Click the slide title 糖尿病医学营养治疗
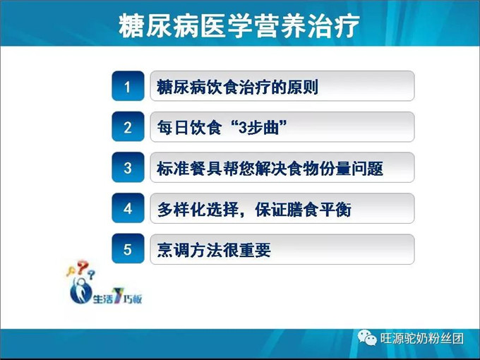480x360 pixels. (239, 26)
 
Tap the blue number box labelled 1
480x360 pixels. (128, 87)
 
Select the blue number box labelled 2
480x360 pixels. (128, 127)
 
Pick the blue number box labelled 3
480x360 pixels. (128, 168)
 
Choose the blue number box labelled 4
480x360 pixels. (128, 208)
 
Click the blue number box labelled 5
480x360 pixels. (128, 249)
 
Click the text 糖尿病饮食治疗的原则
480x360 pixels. (238, 87)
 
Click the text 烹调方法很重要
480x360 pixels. (214, 250)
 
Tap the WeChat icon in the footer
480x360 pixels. (366, 337)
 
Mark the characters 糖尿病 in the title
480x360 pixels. (150, 26)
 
